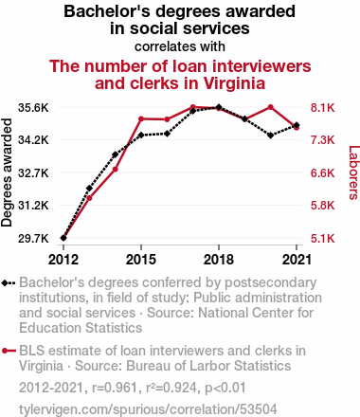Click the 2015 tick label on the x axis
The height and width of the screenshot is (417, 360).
click(x=141, y=260)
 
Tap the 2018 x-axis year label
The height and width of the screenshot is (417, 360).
click(x=219, y=260)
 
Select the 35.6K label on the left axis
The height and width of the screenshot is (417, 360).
click(x=33, y=108)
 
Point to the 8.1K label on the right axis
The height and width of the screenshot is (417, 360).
click(x=322, y=108)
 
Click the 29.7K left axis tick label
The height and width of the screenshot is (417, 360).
click(x=33, y=239)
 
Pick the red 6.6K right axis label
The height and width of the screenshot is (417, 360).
click(x=322, y=173)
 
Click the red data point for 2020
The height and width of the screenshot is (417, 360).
click(x=271, y=107)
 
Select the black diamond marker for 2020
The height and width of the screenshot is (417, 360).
click(x=271, y=136)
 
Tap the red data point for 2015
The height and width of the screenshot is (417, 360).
click(x=141, y=118)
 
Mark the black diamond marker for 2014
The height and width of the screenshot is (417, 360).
click(x=116, y=154)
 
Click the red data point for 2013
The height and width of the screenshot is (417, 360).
click(x=89, y=198)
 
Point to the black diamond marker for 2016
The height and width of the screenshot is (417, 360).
click(x=167, y=134)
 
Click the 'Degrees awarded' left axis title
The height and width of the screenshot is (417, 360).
click(x=7, y=172)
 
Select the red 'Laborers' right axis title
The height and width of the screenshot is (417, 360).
click(x=354, y=172)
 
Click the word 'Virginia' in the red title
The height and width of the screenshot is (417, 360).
click(x=234, y=83)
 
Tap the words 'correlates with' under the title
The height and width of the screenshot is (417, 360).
click(x=180, y=46)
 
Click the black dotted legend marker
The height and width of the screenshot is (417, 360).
click(x=9, y=282)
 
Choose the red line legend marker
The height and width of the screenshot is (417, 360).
click(x=9, y=351)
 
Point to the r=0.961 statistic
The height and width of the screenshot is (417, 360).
click(x=114, y=388)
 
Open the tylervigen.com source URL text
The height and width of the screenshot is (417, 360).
click(x=148, y=409)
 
